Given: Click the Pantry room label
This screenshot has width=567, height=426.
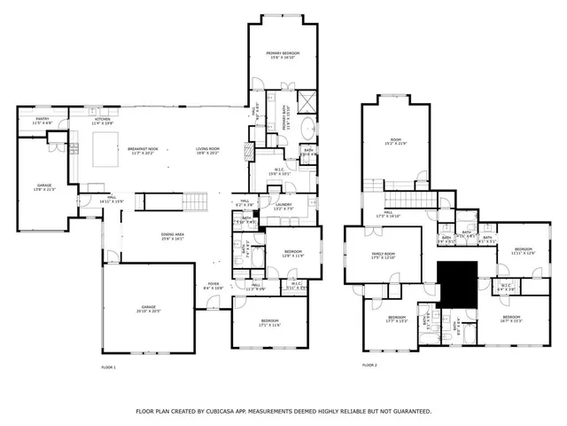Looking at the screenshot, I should (x=42, y=120).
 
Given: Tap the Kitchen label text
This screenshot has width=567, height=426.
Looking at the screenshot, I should (x=102, y=120).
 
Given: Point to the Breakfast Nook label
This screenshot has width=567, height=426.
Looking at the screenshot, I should (x=143, y=150).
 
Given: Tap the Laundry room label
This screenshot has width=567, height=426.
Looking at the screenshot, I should (x=283, y=207).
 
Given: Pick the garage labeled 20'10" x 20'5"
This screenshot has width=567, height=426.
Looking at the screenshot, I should (x=148, y=309).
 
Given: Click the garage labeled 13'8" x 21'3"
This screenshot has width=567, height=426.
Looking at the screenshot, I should (x=44, y=186).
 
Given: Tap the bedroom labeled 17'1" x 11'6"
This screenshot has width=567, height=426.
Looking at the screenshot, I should (x=269, y=322).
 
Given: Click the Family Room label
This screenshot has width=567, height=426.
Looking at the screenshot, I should (x=384, y=256).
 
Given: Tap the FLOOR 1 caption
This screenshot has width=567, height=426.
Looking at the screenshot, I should (x=108, y=367).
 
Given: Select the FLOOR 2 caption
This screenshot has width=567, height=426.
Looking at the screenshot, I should (x=369, y=365).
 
